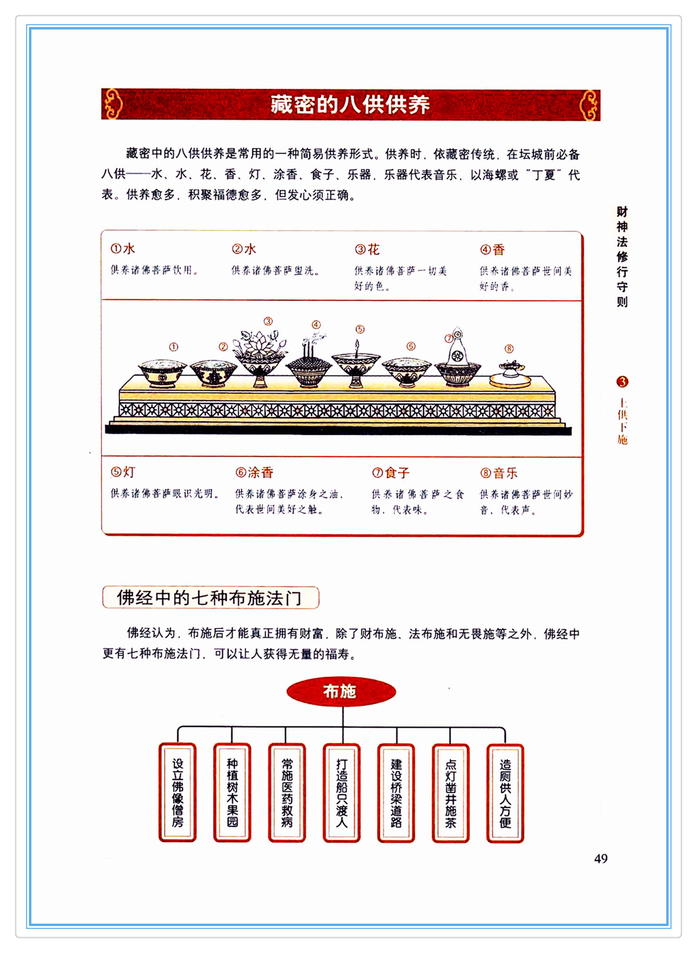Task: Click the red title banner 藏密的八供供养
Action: pyautogui.click(x=350, y=104)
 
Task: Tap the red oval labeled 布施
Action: pyautogui.click(x=341, y=691)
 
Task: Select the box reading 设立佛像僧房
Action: pyautogui.click(x=177, y=793)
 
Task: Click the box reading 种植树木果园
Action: pyautogui.click(x=232, y=793)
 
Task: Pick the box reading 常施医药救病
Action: pyautogui.click(x=287, y=793)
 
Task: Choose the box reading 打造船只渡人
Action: pyautogui.click(x=341, y=793)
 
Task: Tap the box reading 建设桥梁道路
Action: pyautogui.click(x=396, y=793)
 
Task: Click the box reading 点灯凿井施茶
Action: pyautogui.click(x=451, y=793)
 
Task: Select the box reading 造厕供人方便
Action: pyautogui.click(x=505, y=793)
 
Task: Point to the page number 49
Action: pyautogui.click(x=601, y=859)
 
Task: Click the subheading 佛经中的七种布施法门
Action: pyautogui.click(x=210, y=597)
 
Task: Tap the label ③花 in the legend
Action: pyautogui.click(x=367, y=249)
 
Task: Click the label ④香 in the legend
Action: pyautogui.click(x=492, y=249)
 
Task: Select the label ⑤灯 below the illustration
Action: pyautogui.click(x=123, y=472)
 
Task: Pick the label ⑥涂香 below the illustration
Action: pyautogui.click(x=255, y=472)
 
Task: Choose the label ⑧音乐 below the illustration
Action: pyautogui.click(x=499, y=473)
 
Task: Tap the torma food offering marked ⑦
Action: pyautogui.click(x=458, y=361)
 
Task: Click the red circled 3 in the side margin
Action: pyautogui.click(x=622, y=382)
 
